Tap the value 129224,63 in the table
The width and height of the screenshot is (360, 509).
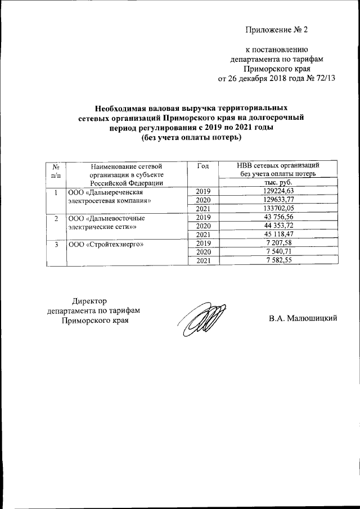pos(278,191)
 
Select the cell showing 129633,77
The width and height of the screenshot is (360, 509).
pos(278,199)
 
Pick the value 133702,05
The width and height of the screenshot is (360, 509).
pos(278,208)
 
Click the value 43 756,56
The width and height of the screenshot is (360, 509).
pos(278,217)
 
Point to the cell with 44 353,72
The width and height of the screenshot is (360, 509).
pos(278,226)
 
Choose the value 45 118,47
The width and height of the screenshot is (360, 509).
pos(278,235)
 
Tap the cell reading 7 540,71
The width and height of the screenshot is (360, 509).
pos(278,252)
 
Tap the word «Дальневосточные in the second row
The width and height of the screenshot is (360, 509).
pos(116,218)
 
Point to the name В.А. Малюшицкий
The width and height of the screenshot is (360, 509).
pos(303,319)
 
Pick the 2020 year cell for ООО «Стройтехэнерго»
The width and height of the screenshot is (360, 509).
pos(204,252)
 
